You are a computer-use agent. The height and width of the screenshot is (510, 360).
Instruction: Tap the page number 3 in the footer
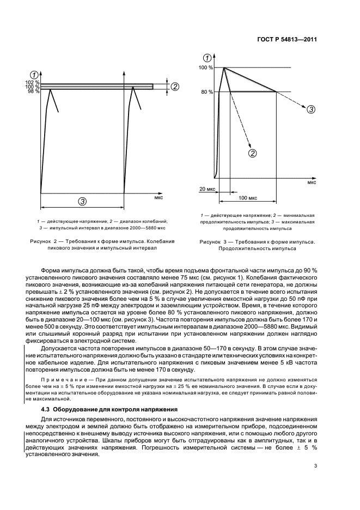point(316,465)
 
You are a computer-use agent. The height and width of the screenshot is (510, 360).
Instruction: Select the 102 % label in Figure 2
point(33,82)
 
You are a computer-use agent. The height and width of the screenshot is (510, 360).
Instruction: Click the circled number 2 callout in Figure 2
point(175,86)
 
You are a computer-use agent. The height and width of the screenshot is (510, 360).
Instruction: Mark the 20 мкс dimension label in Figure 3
point(207,189)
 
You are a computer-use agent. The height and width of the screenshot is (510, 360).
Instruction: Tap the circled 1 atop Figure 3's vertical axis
point(207,58)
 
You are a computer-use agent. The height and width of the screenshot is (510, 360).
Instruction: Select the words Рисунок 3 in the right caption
point(213,241)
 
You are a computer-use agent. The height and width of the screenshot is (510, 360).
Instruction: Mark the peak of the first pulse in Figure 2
point(51,89)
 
